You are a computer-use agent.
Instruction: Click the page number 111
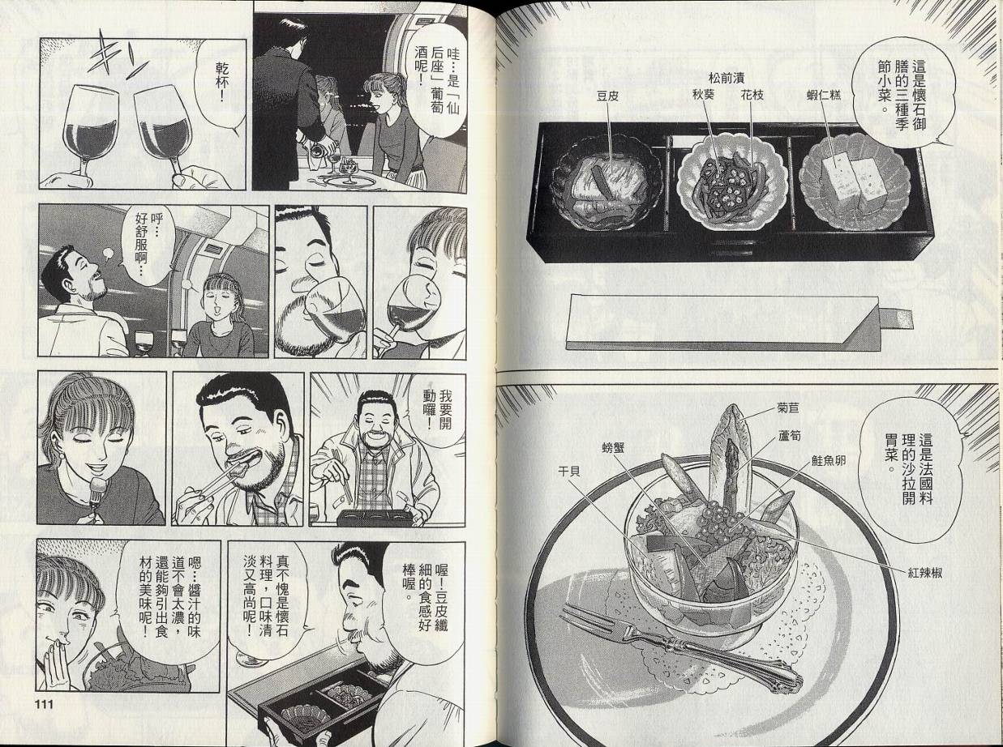point(44,704)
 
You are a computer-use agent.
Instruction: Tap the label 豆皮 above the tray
point(607,96)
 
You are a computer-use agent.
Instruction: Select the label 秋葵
point(705,96)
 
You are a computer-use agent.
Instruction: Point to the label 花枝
point(752,96)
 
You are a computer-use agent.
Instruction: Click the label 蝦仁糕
point(825,96)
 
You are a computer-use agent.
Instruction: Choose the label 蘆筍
point(789,436)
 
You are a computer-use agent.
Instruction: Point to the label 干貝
point(569,472)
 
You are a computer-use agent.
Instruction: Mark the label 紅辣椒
point(925,574)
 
